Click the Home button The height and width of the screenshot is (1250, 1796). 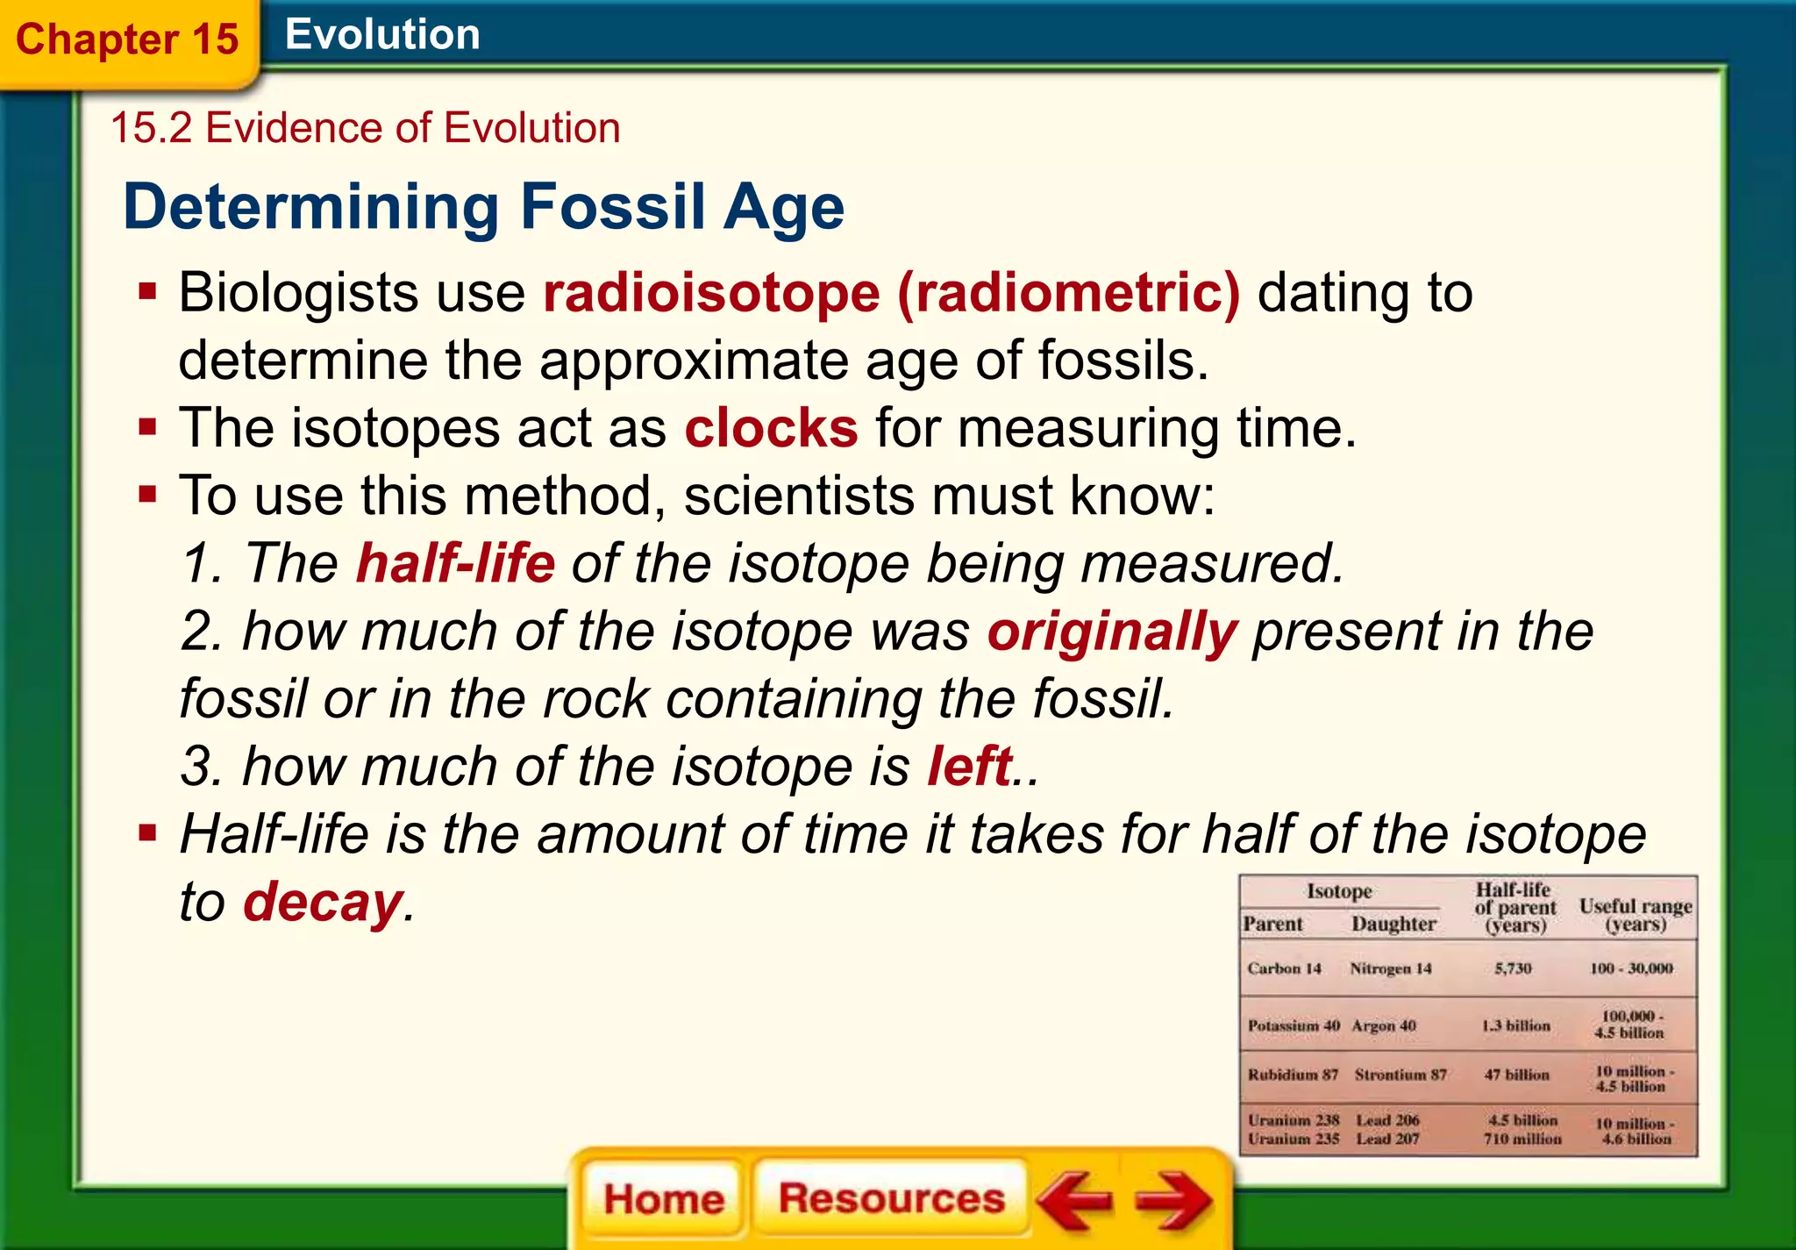click(663, 1198)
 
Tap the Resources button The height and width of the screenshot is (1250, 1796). click(891, 1198)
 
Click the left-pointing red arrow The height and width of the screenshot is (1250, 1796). click(1076, 1200)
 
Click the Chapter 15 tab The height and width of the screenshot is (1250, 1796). click(127, 39)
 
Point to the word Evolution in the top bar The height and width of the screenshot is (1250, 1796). click(382, 35)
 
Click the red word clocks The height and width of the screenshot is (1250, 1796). click(771, 428)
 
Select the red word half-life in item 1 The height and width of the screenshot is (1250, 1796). click(455, 563)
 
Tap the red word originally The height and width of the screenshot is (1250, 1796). click(1112, 632)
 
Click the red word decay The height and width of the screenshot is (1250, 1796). click(323, 902)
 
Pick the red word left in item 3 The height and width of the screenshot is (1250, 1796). click(970, 766)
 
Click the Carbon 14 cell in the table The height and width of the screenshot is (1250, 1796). click(1284, 968)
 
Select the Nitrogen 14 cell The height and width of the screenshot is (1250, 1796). click(1390, 968)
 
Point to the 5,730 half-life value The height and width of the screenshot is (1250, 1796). click(1513, 968)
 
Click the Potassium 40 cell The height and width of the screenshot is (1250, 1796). click(1294, 1025)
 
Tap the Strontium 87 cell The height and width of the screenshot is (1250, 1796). click(1400, 1075)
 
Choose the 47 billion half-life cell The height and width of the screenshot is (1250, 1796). click(1516, 1075)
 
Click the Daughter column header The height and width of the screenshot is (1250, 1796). click(1393, 924)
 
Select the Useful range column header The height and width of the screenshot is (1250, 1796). click(1636, 914)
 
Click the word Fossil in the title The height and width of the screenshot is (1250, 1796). click(613, 207)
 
